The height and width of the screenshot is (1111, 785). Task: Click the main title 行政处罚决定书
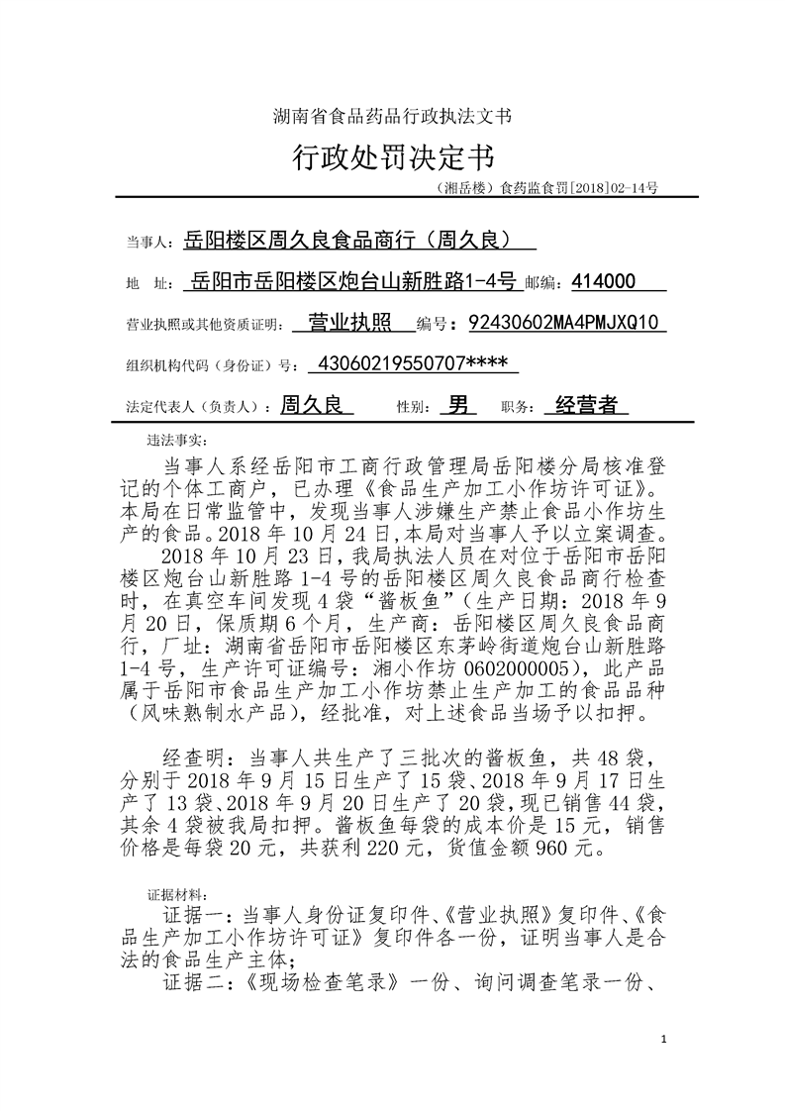tap(392, 156)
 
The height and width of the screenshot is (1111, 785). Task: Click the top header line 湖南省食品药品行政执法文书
tap(392, 116)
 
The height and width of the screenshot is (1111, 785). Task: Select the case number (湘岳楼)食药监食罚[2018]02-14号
tap(546, 186)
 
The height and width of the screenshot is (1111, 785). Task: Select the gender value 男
tap(460, 404)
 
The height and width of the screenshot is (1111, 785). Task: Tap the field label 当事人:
tap(149, 242)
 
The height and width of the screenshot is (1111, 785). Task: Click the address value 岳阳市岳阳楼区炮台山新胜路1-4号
tap(353, 281)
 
